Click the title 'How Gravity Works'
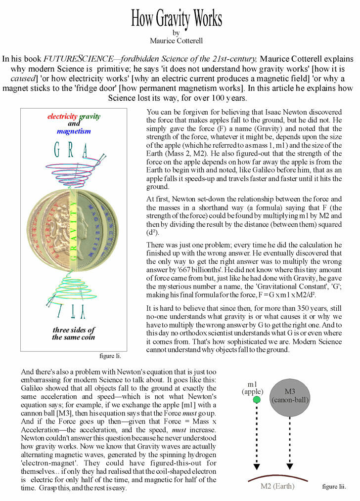pyautogui.click(x=176, y=18)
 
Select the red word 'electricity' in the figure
pyautogui.click(x=63, y=117)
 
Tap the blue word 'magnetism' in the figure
pyautogui.click(x=74, y=131)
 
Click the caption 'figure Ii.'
pyautogui.click(x=110, y=355)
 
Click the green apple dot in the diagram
pyautogui.click(x=257, y=399)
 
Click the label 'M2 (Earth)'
pyautogui.click(x=277, y=486)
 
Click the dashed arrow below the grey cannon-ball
pyautogui.click(x=290, y=440)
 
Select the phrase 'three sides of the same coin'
pyautogui.click(x=74, y=334)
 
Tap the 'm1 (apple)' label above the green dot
pyautogui.click(x=255, y=388)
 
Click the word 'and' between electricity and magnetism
pyautogui.click(x=74, y=124)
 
